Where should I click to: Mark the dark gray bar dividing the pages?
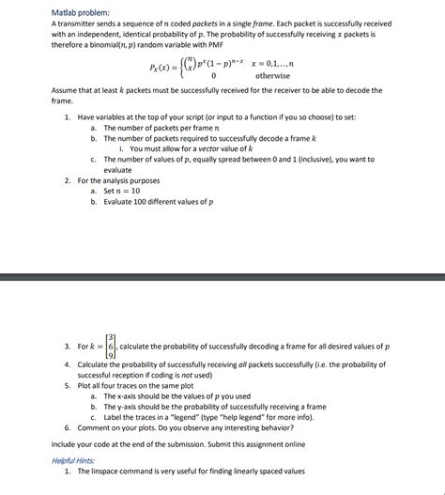point(222,278)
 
